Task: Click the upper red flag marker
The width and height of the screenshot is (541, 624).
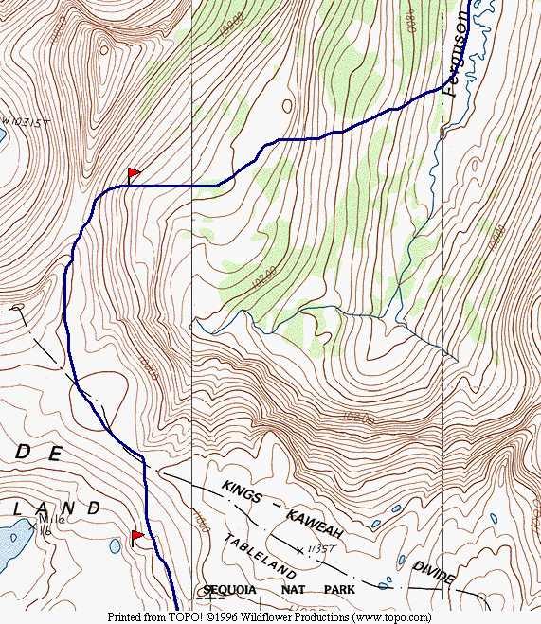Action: point(134,174)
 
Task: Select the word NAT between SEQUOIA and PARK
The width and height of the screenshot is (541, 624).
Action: point(285,590)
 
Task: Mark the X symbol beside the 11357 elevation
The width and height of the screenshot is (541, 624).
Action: point(300,549)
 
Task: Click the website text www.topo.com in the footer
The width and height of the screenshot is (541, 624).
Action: point(389,616)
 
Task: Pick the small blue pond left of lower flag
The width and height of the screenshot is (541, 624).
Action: point(115,545)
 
